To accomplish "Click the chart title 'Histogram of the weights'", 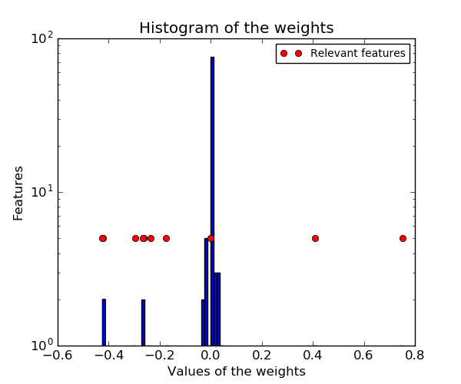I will tap(236, 28).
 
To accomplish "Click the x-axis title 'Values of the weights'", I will tap(236, 372).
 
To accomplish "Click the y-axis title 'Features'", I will tap(18, 193).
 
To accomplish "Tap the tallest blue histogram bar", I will tap(212, 200).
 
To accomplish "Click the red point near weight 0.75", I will tap(403, 238).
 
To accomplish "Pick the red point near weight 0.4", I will tap(315, 238).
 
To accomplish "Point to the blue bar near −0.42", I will tap(104, 323).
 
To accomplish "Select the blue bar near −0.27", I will tap(143, 323).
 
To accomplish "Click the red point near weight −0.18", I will tap(166, 238).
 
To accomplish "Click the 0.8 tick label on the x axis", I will tap(415, 356).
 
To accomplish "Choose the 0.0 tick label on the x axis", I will tap(211, 356).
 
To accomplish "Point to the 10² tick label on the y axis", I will tap(41, 38).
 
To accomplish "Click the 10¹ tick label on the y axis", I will tap(41, 191).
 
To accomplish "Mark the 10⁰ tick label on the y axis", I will tap(41, 345).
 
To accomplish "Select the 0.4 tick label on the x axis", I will tap(313, 356).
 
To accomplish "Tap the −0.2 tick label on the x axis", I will tap(159, 356).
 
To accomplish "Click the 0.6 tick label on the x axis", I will tap(363, 356).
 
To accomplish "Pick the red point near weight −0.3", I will tap(135, 238).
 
